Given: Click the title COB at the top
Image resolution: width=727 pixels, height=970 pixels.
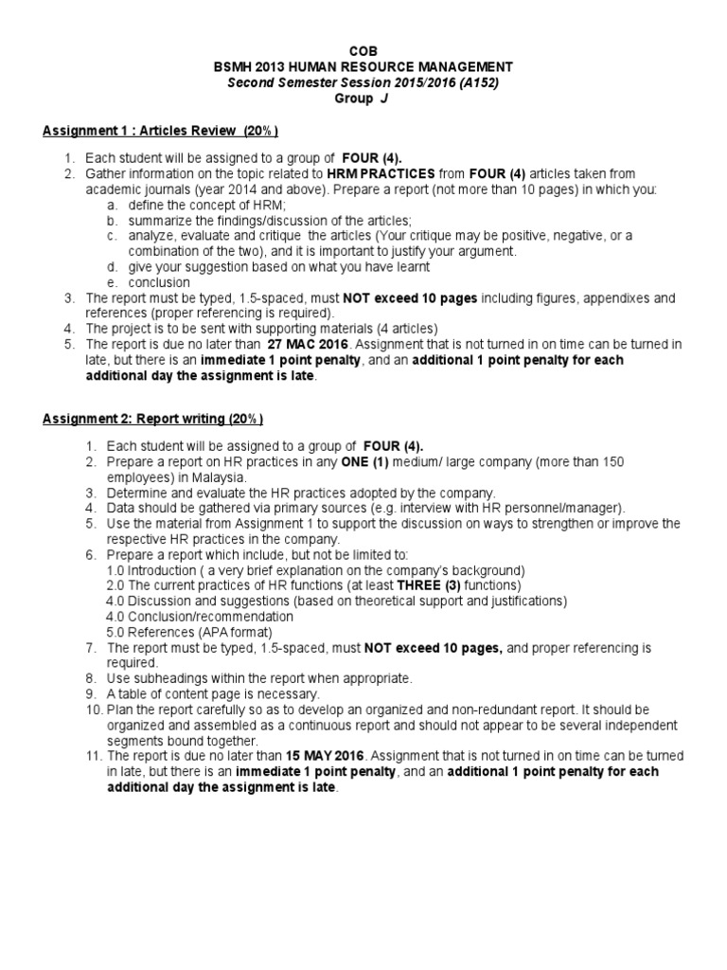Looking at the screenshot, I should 363,50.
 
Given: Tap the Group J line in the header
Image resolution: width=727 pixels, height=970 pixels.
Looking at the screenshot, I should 363,98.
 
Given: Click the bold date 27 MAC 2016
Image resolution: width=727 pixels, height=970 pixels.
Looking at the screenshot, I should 308,344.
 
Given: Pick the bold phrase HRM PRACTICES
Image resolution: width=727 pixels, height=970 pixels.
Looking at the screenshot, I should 381,174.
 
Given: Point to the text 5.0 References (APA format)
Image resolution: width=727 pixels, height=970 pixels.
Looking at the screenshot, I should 189,632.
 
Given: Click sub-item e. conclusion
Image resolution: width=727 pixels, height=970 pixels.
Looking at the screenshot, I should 159,282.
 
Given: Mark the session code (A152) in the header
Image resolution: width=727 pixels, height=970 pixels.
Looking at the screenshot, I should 475,82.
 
